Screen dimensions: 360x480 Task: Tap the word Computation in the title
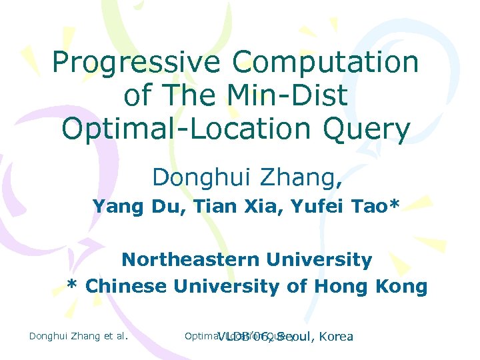tap(325, 63)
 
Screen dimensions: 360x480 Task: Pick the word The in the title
tap(199, 96)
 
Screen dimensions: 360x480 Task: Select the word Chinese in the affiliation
tap(127, 286)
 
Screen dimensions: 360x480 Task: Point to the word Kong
tap(403, 286)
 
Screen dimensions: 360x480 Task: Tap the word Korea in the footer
tap(336, 336)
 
